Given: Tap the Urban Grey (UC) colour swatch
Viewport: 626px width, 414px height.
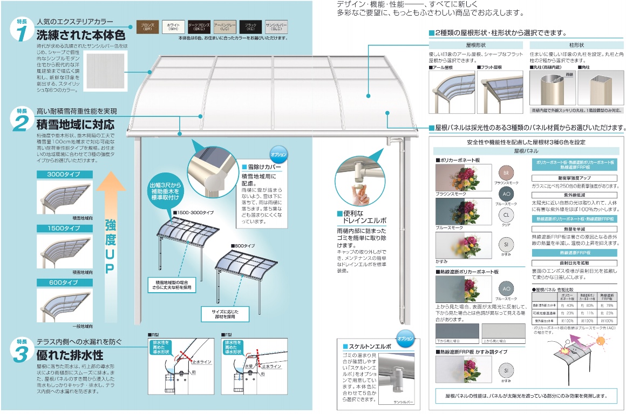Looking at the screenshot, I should pos(224,27).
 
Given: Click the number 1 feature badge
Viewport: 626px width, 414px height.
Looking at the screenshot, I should pos(21,31).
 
